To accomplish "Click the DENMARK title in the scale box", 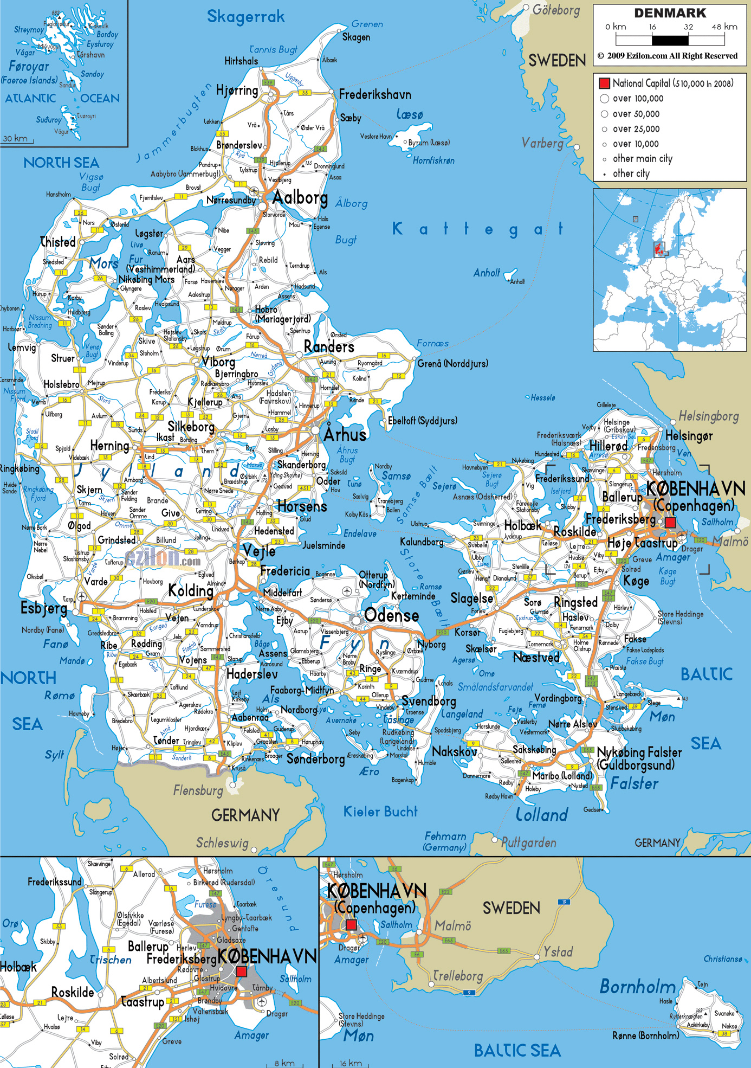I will coord(670,13).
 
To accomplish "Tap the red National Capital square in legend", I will coord(604,83).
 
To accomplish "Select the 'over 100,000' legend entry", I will coord(638,99).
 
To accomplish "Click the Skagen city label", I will coord(356,37).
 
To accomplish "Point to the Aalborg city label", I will coord(300,198).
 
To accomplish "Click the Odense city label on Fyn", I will coord(391,616).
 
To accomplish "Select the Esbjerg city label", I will coord(43,608).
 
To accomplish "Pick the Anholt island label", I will coord(486,273).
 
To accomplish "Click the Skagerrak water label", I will coord(245,17).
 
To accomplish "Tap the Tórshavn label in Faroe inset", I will coord(90,55).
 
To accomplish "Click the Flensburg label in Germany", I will coord(198,790).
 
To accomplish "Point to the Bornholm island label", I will coord(637,987).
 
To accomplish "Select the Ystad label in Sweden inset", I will coord(558,952).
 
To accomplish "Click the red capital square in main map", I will coord(670,523).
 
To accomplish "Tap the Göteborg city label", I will coord(556,10).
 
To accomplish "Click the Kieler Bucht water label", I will coord(380,812).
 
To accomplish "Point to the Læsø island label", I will coord(409,114).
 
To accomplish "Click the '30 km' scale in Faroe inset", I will coord(15,139).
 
